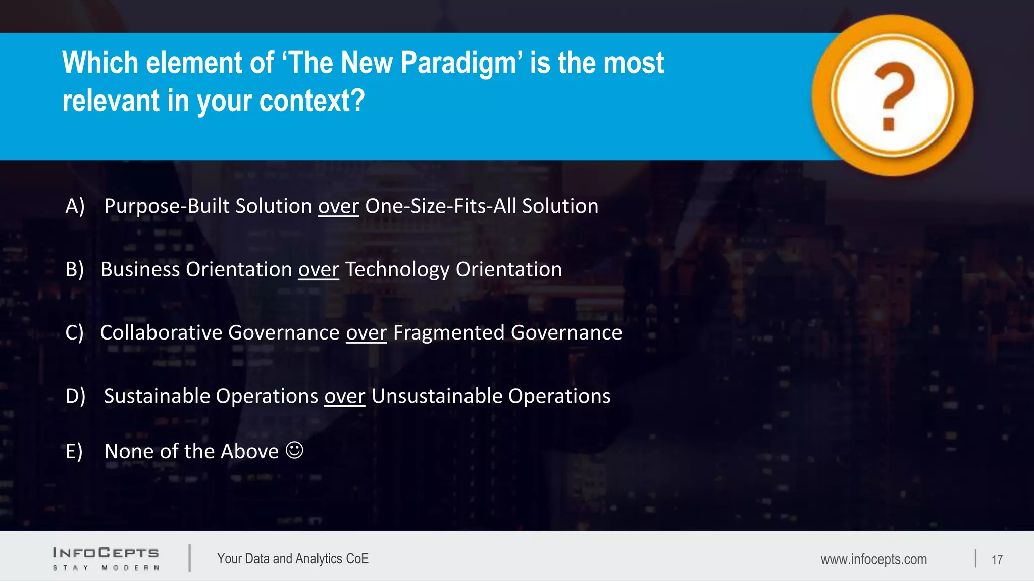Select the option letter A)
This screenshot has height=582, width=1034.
pyautogui.click(x=75, y=206)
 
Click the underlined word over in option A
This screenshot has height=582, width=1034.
pyautogui.click(x=338, y=207)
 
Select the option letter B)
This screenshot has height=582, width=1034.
pyautogui.click(x=75, y=269)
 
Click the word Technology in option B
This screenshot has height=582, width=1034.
pyautogui.click(x=397, y=270)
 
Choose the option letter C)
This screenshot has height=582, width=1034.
pyautogui.click(x=75, y=333)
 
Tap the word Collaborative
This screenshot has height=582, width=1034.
pyautogui.click(x=161, y=333)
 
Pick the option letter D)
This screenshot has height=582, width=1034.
pyautogui.click(x=75, y=396)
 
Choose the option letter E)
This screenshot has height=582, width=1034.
pyautogui.click(x=74, y=451)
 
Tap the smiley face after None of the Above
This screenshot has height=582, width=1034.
pyautogui.click(x=294, y=450)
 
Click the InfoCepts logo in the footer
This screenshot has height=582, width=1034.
pyautogui.click(x=106, y=558)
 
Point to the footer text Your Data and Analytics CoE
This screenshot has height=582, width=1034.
pyautogui.click(x=293, y=559)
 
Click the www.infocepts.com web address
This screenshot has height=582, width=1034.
pyautogui.click(x=873, y=559)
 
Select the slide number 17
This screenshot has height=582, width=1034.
pyautogui.click(x=997, y=560)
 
